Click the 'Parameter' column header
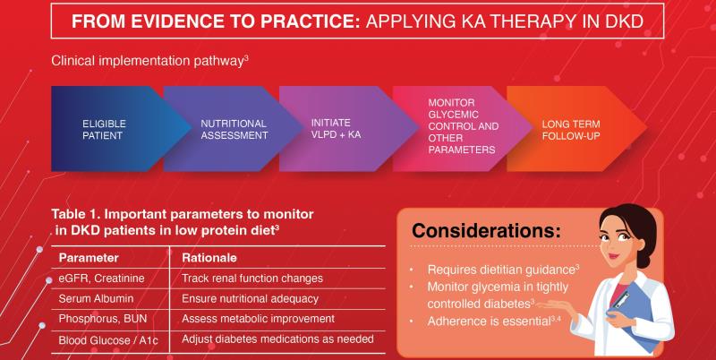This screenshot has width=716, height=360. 89,258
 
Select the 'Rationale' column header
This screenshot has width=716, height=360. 209,258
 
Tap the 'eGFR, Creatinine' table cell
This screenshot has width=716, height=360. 101,279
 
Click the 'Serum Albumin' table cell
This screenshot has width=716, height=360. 96,299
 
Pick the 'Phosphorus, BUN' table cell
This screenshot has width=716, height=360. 103,319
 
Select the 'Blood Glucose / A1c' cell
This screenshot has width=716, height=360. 108,340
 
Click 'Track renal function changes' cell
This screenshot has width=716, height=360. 252,279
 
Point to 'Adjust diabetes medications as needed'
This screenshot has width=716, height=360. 277,339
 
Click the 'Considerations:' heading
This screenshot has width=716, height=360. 486,231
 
